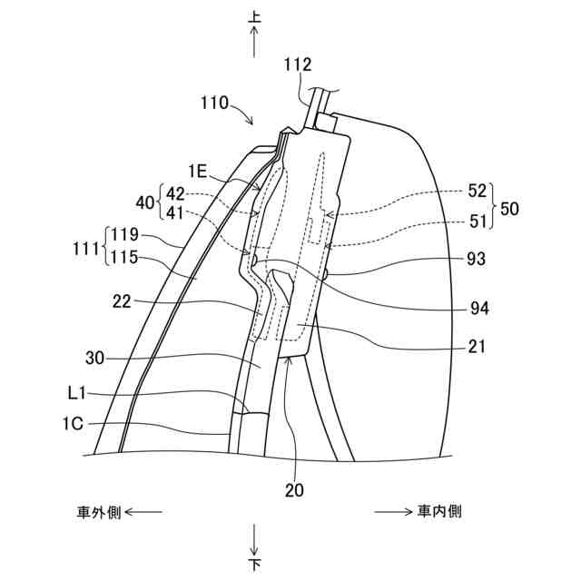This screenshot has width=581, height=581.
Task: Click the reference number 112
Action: click(x=297, y=64)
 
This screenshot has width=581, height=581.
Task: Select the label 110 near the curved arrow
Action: click(x=214, y=103)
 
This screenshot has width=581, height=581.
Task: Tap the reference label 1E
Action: click(x=198, y=170)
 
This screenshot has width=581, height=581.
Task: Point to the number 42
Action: click(x=175, y=192)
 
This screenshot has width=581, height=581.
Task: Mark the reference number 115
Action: click(x=126, y=258)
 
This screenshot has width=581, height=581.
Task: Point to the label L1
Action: click(x=77, y=394)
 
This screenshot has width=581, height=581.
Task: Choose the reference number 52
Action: click(x=478, y=191)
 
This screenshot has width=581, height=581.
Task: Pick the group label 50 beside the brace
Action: click(x=510, y=209)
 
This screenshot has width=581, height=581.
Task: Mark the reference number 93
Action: click(x=475, y=260)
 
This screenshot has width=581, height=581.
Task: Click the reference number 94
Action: click(x=478, y=310)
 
